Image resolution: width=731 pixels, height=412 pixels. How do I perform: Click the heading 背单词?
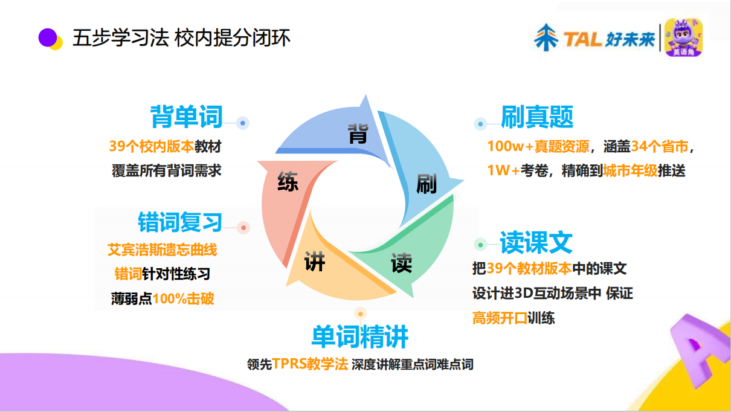coord(187,117)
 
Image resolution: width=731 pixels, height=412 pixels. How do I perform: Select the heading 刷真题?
coord(537,117)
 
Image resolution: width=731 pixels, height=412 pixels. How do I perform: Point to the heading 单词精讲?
coord(360,337)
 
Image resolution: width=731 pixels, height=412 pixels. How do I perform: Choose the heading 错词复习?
coord(180,222)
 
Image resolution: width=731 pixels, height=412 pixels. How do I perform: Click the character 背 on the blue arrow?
coord(357,134)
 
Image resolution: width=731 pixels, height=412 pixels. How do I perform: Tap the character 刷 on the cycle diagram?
coord(427,184)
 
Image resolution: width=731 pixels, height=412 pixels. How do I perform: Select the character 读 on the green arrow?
coord(401,263)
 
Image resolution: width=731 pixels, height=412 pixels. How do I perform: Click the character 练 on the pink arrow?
coord(288,182)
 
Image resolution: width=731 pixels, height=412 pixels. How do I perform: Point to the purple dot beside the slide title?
coord(47,37)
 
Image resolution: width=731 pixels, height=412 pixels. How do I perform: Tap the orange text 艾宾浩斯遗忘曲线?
coord(162,249)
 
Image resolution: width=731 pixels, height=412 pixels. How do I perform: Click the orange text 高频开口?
coord(500,318)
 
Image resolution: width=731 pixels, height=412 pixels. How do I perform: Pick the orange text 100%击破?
coord(183,298)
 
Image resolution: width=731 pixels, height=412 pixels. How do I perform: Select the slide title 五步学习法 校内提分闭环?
coord(181,38)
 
